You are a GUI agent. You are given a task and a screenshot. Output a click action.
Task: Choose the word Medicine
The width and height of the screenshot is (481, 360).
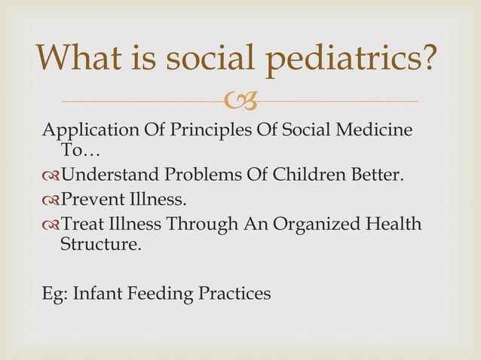[x=371, y=130]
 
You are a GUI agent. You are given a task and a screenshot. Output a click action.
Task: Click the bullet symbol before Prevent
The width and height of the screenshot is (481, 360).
[x=51, y=201]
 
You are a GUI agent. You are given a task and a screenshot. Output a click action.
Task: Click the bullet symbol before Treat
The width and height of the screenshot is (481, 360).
[x=51, y=225]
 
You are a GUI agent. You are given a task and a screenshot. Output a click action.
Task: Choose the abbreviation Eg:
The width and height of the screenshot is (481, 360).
[x=54, y=294]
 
